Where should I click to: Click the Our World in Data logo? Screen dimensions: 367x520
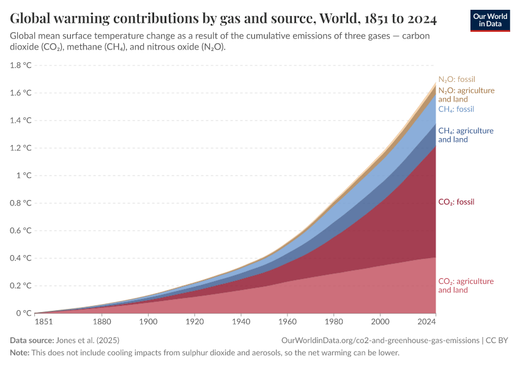(489, 20)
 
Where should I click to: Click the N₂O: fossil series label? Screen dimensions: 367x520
(456, 80)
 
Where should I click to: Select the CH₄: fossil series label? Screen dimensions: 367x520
(456, 109)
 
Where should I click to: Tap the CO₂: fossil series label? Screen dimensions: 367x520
(456, 202)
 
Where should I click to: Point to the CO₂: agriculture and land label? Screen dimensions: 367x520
(466, 286)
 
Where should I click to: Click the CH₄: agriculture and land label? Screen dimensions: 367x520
(466, 135)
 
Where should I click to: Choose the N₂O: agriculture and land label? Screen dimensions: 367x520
(466, 95)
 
